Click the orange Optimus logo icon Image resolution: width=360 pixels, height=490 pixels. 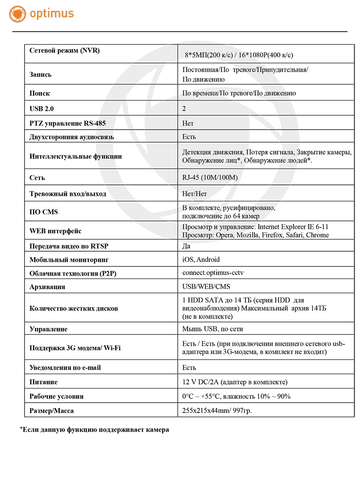click(x=17, y=14)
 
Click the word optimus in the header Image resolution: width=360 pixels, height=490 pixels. click(x=52, y=13)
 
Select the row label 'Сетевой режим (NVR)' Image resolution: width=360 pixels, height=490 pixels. click(x=65, y=50)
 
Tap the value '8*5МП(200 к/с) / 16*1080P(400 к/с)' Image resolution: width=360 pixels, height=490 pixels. click(x=239, y=55)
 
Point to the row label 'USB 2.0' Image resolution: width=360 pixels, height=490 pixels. click(x=41, y=108)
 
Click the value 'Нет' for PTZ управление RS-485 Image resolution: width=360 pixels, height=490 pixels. click(x=188, y=123)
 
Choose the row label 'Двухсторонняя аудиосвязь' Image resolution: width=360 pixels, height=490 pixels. click(x=72, y=137)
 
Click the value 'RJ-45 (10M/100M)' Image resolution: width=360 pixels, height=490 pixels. click(x=210, y=178)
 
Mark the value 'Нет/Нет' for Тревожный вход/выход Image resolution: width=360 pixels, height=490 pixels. click(x=195, y=194)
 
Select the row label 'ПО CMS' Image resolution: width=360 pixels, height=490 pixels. click(x=44, y=212)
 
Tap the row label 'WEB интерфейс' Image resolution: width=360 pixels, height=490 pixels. click(x=55, y=231)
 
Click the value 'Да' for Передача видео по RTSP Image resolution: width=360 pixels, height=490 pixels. click(x=187, y=246)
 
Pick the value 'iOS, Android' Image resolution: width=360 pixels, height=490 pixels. click(x=201, y=259)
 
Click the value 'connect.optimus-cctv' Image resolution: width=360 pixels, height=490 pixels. click(x=213, y=273)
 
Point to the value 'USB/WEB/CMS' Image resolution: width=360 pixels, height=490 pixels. click(x=206, y=286)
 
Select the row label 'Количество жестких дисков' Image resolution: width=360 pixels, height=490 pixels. click(x=74, y=308)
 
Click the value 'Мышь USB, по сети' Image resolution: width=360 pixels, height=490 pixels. click(x=213, y=329)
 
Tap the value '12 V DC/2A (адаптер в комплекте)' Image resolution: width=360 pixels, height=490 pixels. click(x=235, y=382)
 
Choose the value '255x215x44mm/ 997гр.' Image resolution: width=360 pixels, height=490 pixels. click(x=217, y=410)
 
